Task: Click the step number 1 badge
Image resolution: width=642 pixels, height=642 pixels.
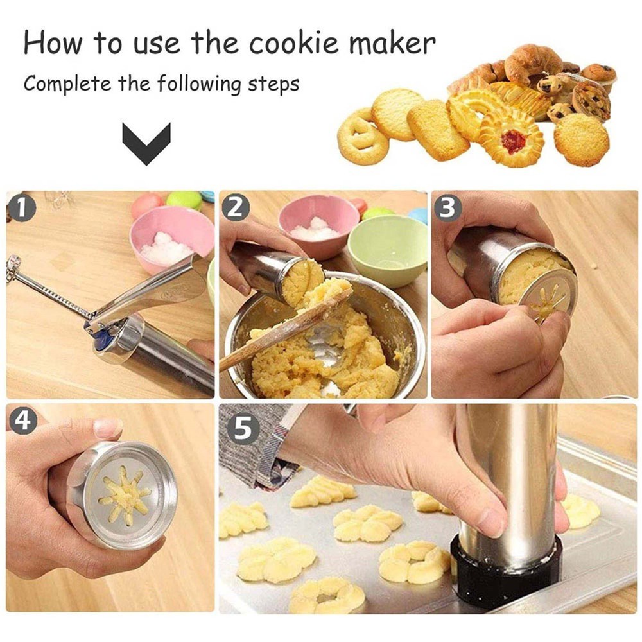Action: pyautogui.click(x=21, y=208)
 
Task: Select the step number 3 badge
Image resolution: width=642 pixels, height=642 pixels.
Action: pyautogui.click(x=447, y=208)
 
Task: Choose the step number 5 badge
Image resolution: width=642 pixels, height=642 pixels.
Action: pyautogui.click(x=243, y=429)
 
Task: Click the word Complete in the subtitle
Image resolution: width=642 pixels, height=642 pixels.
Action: pyautogui.click(x=67, y=85)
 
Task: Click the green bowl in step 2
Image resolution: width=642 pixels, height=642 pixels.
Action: pyautogui.click(x=386, y=250)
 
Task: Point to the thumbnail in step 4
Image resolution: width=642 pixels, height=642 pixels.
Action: pyautogui.click(x=107, y=428)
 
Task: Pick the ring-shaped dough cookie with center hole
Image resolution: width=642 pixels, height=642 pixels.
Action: pyautogui.click(x=326, y=595)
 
